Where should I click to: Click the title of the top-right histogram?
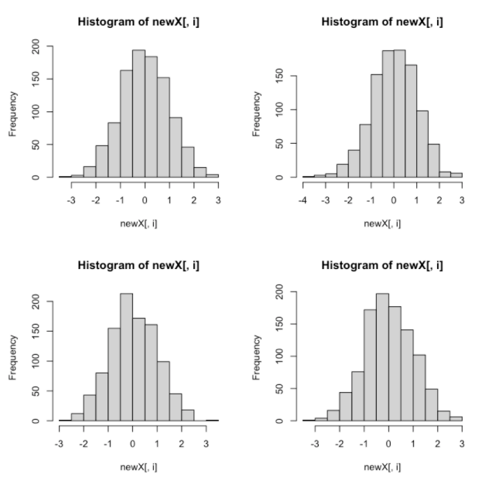(x=382, y=22)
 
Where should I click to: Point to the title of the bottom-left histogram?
(x=138, y=265)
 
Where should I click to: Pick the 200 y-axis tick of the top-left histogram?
(x=35, y=46)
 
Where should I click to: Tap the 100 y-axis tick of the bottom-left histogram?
(x=35, y=361)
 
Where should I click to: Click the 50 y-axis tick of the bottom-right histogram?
(x=279, y=389)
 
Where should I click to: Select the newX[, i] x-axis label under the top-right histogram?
(x=382, y=223)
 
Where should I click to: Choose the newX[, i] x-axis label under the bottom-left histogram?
(x=138, y=467)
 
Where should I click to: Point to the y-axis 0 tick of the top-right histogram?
(x=279, y=177)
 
